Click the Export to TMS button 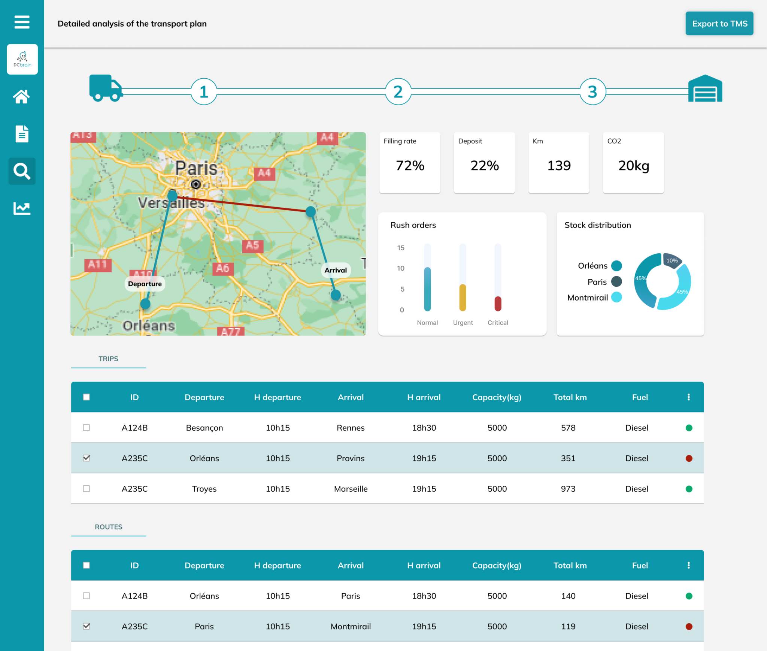pyautogui.click(x=719, y=24)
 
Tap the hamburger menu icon pyautogui.click(x=22, y=22)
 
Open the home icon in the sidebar pyautogui.click(x=22, y=97)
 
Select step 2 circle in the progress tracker pyautogui.click(x=398, y=92)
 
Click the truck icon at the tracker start pyautogui.click(x=105, y=88)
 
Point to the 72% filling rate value pyautogui.click(x=410, y=165)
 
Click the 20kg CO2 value pyautogui.click(x=633, y=165)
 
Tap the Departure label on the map pyautogui.click(x=145, y=284)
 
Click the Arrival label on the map pyautogui.click(x=336, y=270)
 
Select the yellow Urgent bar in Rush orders pyautogui.click(x=463, y=298)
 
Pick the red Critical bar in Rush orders pyautogui.click(x=498, y=304)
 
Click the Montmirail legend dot pyautogui.click(x=616, y=298)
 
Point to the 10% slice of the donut pyautogui.click(x=672, y=260)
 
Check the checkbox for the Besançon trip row pyautogui.click(x=87, y=428)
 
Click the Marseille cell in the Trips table pyautogui.click(x=351, y=489)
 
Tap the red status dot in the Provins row pyautogui.click(x=689, y=458)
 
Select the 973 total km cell pyautogui.click(x=568, y=489)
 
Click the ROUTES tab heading pyautogui.click(x=109, y=527)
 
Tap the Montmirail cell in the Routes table pyautogui.click(x=351, y=626)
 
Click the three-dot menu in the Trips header pyautogui.click(x=689, y=397)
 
